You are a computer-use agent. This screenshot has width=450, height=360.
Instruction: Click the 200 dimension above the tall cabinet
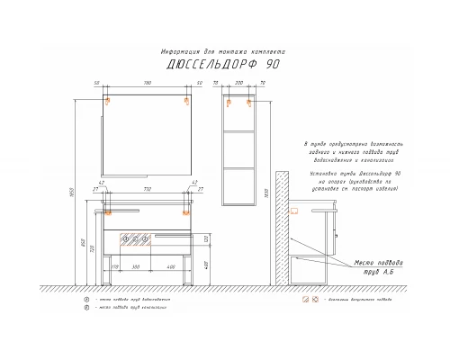tap(238, 84)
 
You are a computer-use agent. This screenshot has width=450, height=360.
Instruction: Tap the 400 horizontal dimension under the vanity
tap(170, 267)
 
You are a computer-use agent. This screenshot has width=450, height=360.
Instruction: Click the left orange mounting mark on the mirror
tap(107, 101)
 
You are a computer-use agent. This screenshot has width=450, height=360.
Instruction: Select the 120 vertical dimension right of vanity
tap(206, 239)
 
